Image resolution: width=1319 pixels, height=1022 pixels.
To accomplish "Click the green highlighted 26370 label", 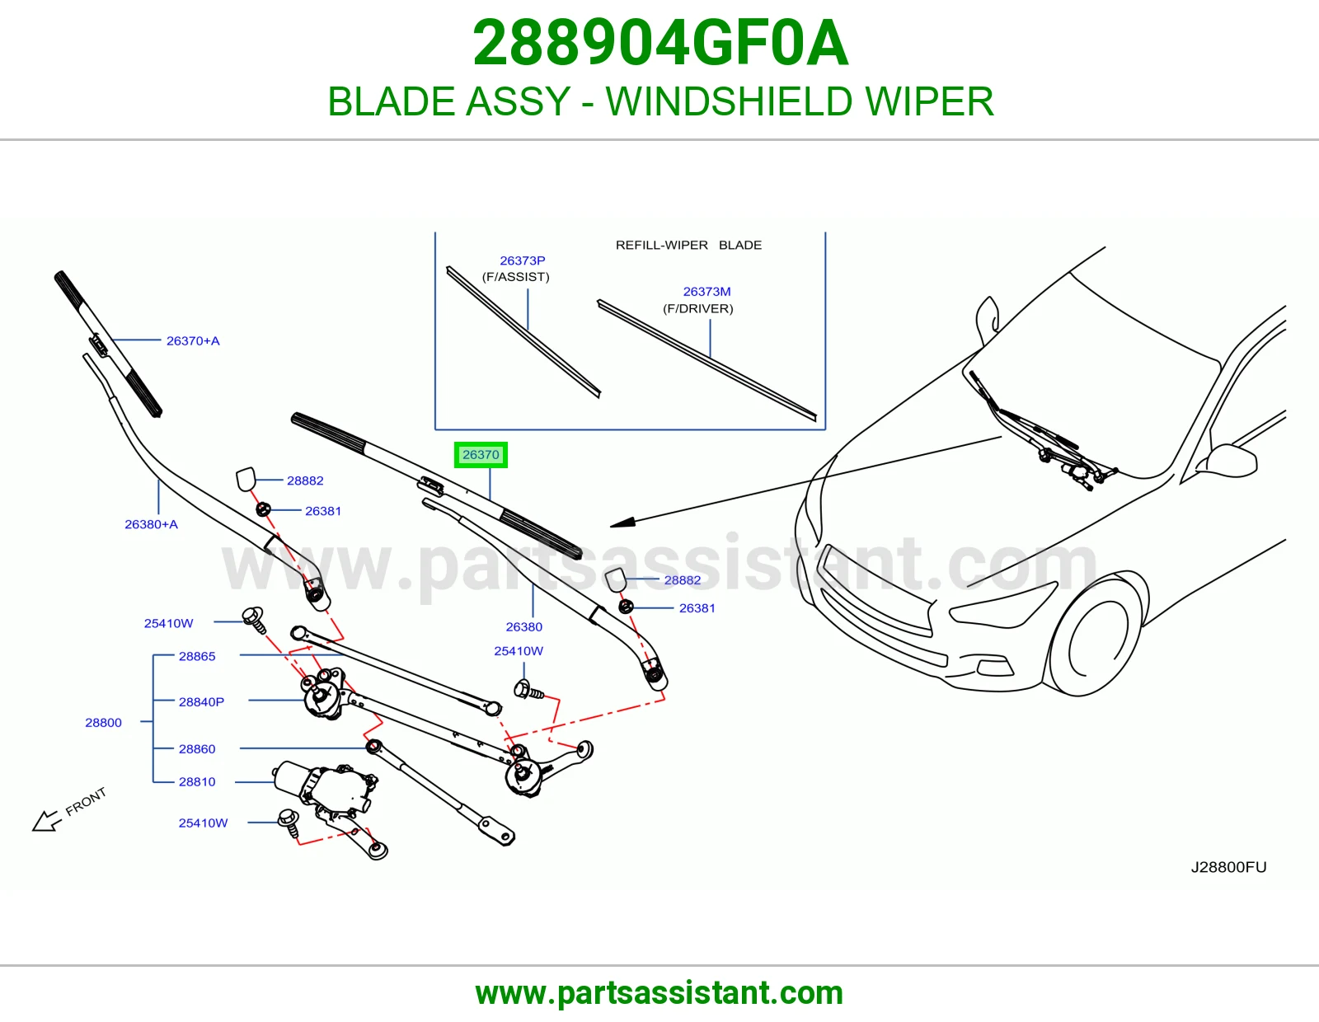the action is (x=481, y=455).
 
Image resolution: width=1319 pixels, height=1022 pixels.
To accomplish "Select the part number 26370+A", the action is (x=193, y=341).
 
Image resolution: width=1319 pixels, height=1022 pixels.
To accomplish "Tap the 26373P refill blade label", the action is (x=523, y=260).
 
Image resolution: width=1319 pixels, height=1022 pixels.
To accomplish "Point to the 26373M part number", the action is (x=707, y=292).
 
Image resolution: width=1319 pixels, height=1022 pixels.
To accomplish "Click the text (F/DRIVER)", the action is (x=698, y=309).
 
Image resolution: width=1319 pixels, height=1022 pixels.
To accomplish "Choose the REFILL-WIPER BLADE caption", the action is (x=688, y=245).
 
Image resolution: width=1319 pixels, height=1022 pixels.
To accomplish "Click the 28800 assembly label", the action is (x=103, y=723).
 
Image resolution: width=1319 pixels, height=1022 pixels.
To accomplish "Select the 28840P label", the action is (x=201, y=702).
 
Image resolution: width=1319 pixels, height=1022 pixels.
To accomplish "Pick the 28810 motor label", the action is (x=197, y=782).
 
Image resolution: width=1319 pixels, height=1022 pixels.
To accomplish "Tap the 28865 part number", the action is (x=197, y=657).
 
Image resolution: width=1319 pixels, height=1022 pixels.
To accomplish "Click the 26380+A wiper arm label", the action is (x=151, y=524).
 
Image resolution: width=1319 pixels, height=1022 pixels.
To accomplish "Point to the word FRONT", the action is (x=86, y=802).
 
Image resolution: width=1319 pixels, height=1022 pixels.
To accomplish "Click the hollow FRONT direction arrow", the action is (x=46, y=821).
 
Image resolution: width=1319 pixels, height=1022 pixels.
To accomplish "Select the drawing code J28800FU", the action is (x=1228, y=867).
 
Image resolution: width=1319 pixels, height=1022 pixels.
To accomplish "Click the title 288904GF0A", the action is (x=660, y=43).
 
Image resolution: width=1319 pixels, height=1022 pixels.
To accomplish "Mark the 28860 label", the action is (x=197, y=749).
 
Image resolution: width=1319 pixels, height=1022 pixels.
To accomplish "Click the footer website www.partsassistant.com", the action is (x=659, y=993).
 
